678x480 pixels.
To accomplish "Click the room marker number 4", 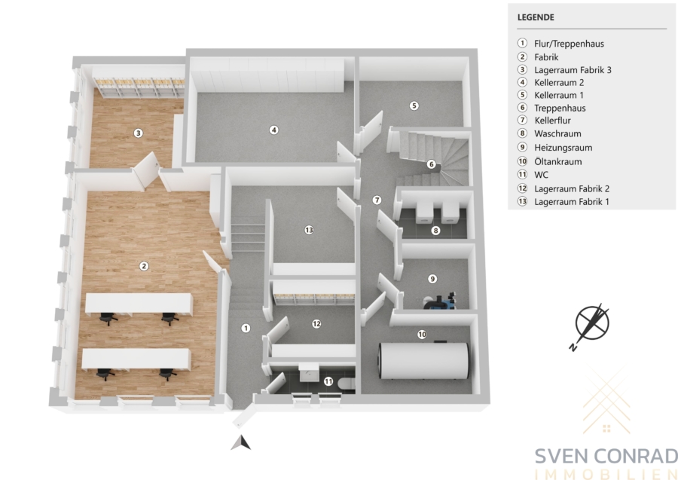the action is [273, 130].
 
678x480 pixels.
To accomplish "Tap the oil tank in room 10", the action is [423, 361].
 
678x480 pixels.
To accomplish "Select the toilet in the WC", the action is [347, 383].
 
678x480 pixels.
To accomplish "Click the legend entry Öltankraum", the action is [557, 162].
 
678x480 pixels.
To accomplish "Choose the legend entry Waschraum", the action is [557, 133].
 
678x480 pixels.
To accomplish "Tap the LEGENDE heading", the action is [536, 17].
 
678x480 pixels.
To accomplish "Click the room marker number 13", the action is [309, 230].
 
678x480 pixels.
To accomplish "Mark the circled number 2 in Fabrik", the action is [144, 266].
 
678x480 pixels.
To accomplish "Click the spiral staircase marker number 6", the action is [431, 164].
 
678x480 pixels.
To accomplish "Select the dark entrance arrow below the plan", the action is [241, 443].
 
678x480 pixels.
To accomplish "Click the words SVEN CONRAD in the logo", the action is [606, 456].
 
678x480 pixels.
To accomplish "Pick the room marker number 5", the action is [414, 105].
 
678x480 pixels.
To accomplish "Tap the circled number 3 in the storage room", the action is [138, 133].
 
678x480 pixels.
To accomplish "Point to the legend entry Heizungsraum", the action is [563, 148].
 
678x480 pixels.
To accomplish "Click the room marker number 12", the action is [316, 323].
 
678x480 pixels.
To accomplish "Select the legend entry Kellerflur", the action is [552, 121].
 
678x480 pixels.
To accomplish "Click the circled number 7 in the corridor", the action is [377, 200].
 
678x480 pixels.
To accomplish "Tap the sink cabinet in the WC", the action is [309, 372].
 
